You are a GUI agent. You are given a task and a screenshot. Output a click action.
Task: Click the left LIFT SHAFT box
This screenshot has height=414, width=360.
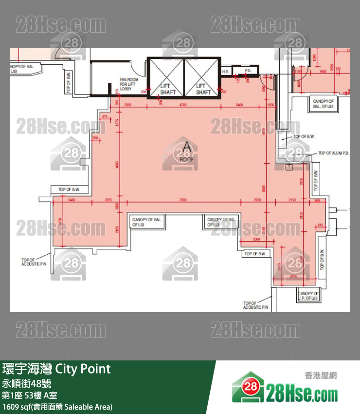165,77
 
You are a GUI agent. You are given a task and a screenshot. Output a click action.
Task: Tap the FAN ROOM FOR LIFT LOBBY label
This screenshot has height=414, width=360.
129,84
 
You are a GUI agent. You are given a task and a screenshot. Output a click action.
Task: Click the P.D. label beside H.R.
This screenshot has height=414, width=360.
248,71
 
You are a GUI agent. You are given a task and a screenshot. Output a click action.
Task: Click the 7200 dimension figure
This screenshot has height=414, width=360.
183,200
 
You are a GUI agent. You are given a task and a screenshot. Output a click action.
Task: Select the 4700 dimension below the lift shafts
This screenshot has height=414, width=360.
183,105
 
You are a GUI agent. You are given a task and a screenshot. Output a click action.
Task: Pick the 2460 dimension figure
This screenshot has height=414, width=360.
72,200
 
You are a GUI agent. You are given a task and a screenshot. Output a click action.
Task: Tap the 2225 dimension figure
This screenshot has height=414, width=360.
108,200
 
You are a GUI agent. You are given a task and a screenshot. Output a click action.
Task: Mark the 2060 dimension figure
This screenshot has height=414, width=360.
256,239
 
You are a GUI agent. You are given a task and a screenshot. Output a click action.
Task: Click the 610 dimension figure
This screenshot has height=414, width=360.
320,225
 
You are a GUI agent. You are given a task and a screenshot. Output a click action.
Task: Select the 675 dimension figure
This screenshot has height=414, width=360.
105,117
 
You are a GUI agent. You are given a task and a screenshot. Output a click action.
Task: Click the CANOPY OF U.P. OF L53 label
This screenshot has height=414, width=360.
308,296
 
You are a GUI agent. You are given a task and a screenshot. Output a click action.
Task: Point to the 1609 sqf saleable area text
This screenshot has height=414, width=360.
57,406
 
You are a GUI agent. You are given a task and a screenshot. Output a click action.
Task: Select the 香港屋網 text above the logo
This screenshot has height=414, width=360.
320,375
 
